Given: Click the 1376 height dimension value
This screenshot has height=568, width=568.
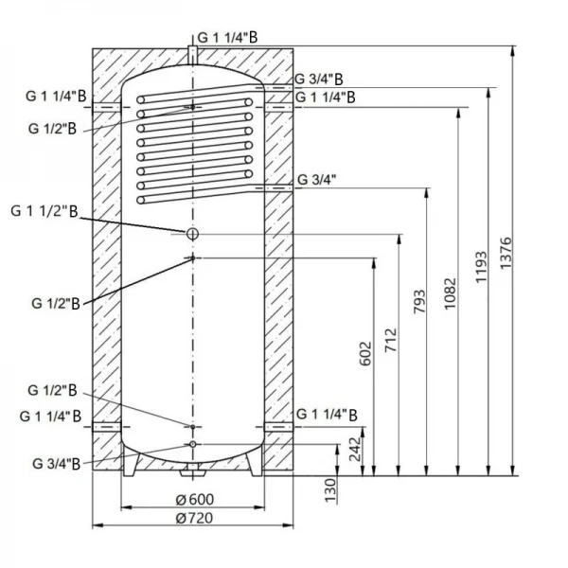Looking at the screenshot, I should click(507, 257).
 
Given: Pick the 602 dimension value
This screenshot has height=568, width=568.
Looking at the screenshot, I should click(366, 352).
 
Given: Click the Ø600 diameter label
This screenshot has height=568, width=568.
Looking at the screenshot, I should click(194, 501).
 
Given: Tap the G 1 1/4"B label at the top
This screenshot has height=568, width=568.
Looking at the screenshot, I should click(228, 36).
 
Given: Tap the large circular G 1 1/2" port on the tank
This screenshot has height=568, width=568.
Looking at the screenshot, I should click(192, 233).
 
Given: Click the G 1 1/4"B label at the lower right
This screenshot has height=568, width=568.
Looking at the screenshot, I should click(328, 415).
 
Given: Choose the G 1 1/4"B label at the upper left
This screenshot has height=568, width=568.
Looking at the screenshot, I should click(56, 97).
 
